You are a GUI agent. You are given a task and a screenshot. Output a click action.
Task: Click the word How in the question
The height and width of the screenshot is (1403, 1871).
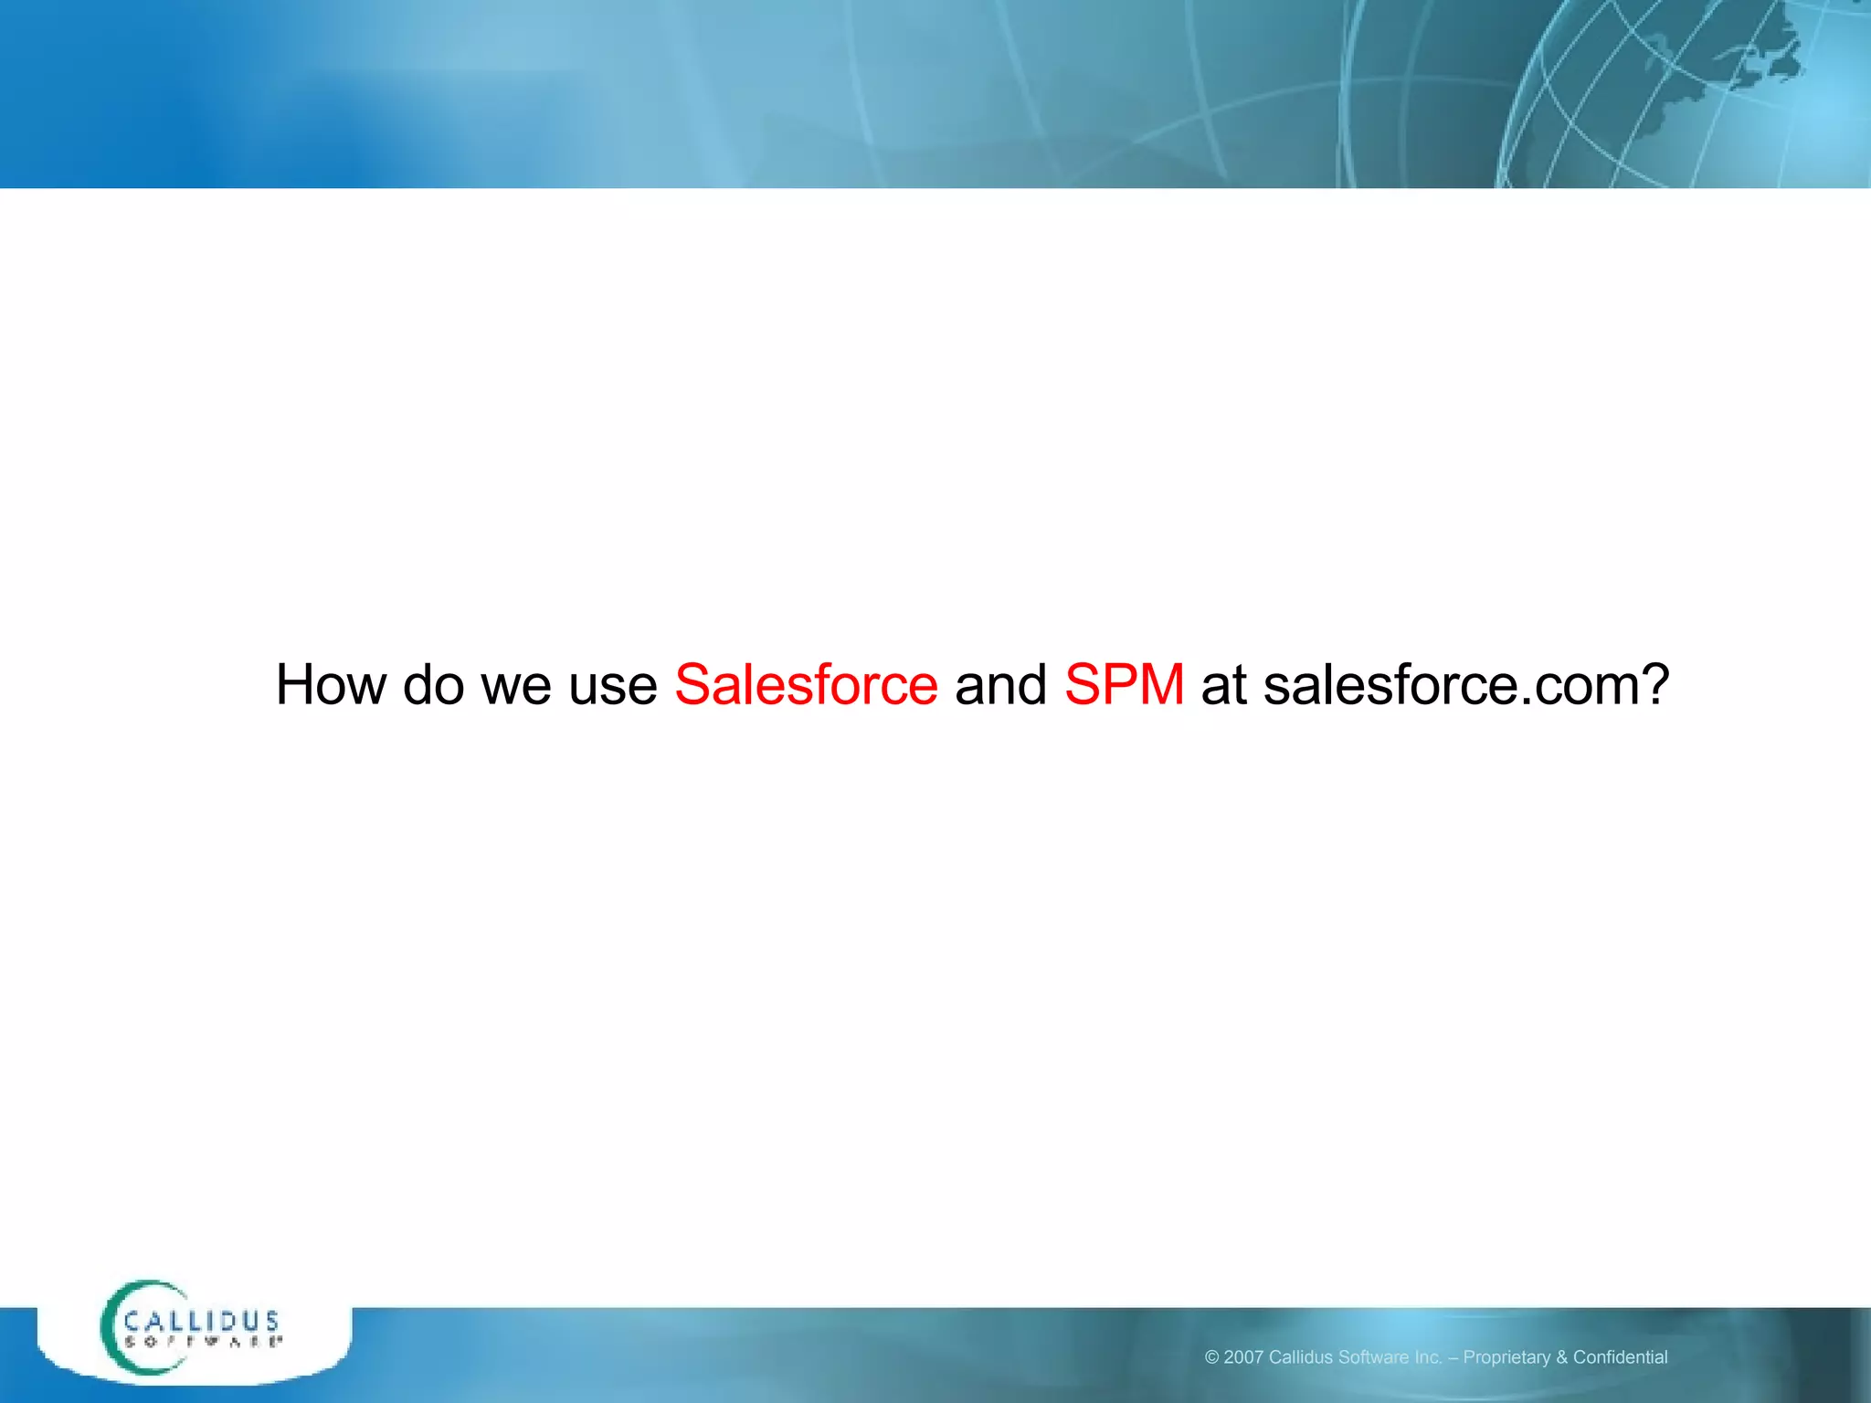click(x=330, y=684)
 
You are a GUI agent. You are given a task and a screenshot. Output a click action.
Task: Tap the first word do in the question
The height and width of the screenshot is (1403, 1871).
click(x=433, y=684)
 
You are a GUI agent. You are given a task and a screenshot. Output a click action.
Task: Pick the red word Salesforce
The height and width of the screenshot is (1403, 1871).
click(x=806, y=684)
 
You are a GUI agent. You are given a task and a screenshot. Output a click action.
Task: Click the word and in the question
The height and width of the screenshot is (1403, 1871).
click(x=1000, y=684)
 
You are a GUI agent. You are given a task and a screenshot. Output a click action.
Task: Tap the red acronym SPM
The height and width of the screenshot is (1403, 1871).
click(x=1124, y=684)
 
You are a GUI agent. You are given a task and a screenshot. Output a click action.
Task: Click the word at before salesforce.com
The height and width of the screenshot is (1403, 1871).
click(x=1223, y=686)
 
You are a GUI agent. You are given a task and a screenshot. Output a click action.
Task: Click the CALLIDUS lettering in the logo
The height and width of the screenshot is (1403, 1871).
click(x=202, y=1321)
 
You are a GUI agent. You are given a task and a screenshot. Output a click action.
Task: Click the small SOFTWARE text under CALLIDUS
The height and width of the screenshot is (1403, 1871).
click(x=202, y=1342)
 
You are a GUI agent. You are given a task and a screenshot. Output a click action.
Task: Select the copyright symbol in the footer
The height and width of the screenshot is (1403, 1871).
click(x=1211, y=1357)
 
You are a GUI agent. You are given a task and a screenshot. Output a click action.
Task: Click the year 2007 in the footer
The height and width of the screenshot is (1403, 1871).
click(x=1243, y=1357)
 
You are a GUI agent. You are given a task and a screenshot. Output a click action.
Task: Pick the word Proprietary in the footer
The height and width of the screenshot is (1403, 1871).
click(x=1506, y=1357)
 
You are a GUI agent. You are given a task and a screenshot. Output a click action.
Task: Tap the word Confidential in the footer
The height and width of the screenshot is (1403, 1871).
click(x=1620, y=1357)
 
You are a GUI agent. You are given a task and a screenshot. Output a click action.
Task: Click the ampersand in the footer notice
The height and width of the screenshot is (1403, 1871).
click(x=1561, y=1357)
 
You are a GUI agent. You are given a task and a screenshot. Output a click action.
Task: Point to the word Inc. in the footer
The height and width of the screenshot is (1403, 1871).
click(x=1426, y=1357)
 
